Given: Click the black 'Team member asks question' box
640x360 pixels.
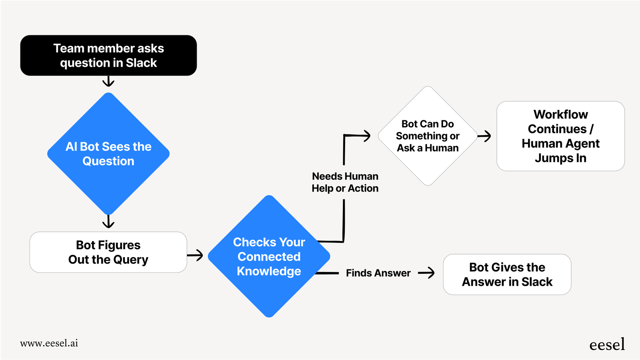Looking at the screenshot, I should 109,55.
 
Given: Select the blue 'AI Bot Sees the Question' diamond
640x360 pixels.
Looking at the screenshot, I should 109,154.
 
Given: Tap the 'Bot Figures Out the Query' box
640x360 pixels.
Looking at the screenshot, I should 108,252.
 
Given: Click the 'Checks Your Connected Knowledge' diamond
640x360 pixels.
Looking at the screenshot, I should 269,256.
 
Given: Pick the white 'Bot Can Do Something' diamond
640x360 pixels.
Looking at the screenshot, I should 427,136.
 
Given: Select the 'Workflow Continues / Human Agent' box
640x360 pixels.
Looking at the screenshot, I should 560,136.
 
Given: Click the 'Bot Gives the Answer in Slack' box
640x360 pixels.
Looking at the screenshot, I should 507,274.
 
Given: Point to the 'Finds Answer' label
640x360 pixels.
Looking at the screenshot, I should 378,273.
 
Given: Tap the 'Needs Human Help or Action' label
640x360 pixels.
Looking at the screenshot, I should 345,182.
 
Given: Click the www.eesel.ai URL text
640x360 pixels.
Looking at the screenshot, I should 49,343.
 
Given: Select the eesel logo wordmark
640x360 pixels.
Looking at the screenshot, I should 607,345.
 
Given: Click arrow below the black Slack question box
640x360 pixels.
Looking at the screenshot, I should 109,81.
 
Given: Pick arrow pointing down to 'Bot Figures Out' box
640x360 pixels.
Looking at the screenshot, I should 109,222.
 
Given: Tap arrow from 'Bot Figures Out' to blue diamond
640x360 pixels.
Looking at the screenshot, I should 195,255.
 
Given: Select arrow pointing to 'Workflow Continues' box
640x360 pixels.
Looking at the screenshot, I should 485,136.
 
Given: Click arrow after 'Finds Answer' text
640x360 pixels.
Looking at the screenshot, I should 427,273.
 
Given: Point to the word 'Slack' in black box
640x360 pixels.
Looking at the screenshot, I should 141,63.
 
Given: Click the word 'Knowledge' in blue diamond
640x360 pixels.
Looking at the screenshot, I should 269,271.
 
